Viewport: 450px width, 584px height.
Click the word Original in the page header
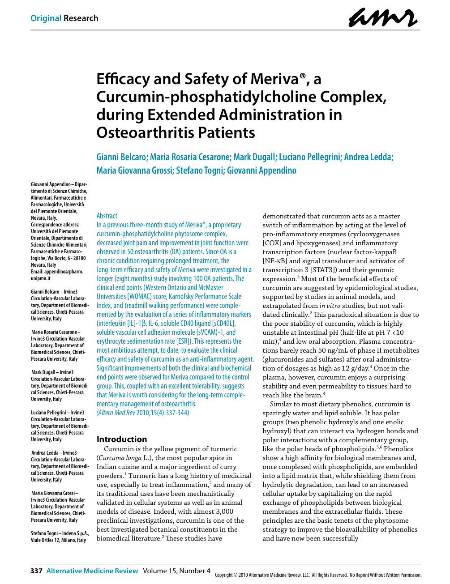click(x=46, y=18)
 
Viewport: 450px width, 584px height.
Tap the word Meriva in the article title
click(x=275, y=79)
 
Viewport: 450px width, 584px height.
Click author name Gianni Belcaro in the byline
click(x=121, y=157)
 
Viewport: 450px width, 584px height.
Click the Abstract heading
click(x=107, y=216)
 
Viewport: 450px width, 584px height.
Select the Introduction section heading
click(x=122, y=439)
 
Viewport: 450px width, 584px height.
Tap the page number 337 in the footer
click(x=36, y=571)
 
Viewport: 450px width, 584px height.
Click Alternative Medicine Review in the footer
click(x=92, y=571)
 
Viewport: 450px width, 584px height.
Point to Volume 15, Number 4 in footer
click(x=176, y=571)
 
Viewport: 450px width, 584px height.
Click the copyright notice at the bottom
click(x=318, y=575)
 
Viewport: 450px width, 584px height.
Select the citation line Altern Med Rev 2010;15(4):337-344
click(x=143, y=413)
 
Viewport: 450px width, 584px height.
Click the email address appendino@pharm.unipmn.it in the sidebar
click(x=57, y=275)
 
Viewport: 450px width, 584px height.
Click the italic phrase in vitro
click(x=330, y=306)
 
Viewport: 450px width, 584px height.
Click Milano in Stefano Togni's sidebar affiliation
click(x=67, y=540)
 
